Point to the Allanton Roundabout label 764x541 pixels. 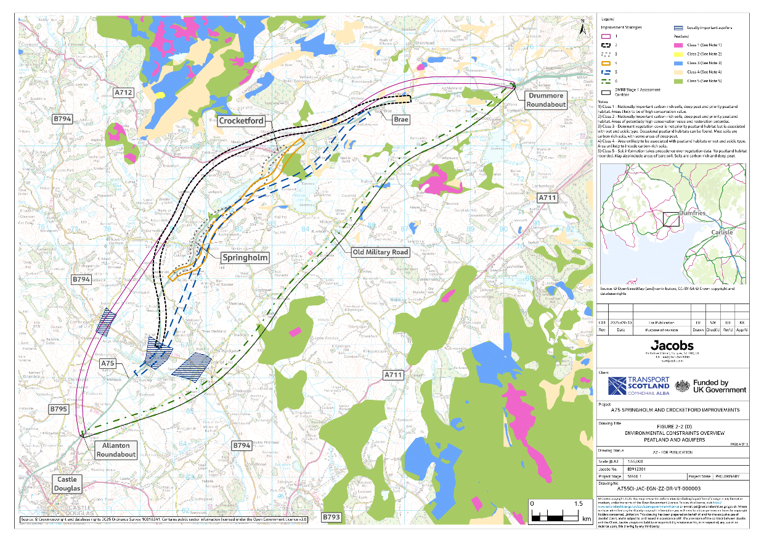click(116, 449)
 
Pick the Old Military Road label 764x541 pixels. click(380, 252)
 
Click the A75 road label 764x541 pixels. click(108, 364)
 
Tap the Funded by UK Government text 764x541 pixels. click(719, 386)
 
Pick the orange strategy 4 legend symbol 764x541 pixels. click(608, 63)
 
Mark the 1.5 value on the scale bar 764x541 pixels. click(578, 504)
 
